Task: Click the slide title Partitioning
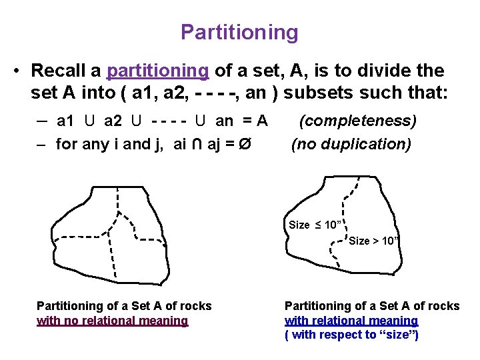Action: click(x=239, y=31)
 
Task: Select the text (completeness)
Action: click(x=357, y=121)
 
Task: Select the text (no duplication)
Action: click(x=351, y=143)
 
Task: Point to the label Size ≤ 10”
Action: click(x=315, y=225)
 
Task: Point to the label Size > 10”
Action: click(x=374, y=241)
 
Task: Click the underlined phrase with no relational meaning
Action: click(x=112, y=321)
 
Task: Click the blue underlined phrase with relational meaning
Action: click(x=351, y=321)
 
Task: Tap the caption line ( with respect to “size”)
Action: click(x=351, y=335)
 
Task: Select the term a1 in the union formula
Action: click(x=66, y=121)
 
